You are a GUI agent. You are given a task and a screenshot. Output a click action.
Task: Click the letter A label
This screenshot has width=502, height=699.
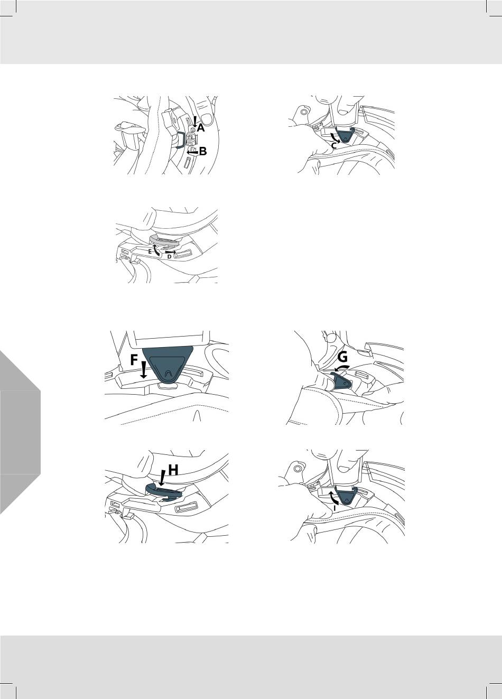click(x=200, y=128)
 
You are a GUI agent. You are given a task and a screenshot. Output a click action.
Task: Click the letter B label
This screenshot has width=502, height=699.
click(x=202, y=152)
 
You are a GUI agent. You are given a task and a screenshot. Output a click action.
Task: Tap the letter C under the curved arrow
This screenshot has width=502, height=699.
click(x=334, y=146)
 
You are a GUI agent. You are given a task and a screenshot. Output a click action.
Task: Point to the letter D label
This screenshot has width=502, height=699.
click(x=169, y=256)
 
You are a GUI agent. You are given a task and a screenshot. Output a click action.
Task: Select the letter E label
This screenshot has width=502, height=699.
click(x=150, y=251)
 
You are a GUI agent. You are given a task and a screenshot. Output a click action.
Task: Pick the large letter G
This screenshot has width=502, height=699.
click(x=342, y=357)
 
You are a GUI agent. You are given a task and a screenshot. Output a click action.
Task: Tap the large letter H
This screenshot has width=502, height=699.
click(x=173, y=470)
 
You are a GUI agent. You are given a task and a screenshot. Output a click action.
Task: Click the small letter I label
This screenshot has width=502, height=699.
click(x=334, y=508)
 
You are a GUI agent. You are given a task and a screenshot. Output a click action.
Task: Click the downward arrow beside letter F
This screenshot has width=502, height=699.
click(x=143, y=370)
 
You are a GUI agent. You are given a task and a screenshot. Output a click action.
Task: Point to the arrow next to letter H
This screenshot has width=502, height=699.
click(x=162, y=478)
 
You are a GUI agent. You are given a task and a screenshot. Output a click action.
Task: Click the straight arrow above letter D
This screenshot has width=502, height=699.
click(x=171, y=251)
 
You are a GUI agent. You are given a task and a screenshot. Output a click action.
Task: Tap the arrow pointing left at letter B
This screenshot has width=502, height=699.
click(x=193, y=153)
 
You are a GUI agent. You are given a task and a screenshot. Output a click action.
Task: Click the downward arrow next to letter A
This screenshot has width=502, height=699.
click(x=195, y=122)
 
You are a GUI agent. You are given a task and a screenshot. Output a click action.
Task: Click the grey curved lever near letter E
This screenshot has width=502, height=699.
click(x=163, y=240)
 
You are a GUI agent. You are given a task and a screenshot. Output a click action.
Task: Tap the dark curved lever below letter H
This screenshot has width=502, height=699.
click(x=162, y=491)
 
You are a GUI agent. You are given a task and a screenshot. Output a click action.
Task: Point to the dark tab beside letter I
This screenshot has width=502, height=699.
click(x=345, y=497)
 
